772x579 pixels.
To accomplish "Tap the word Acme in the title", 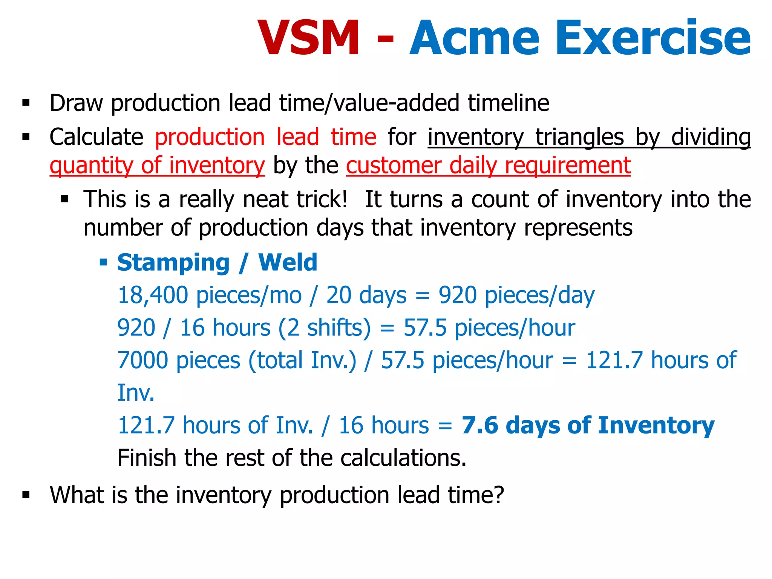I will [475, 38].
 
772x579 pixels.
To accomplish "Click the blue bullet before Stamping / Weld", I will [103, 262].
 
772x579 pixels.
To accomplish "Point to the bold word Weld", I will [288, 262].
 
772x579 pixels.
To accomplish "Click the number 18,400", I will [153, 295].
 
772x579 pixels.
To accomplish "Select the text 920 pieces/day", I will [516, 295].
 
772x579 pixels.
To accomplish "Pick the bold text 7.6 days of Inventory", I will [588, 425].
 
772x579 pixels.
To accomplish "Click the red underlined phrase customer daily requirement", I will [489, 165].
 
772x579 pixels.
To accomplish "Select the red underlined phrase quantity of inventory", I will [157, 165].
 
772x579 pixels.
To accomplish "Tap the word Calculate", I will [96, 136].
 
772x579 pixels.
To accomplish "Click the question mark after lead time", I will [498, 495].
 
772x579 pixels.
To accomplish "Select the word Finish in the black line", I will [147, 458].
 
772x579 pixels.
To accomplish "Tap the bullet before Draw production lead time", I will [26, 103].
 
